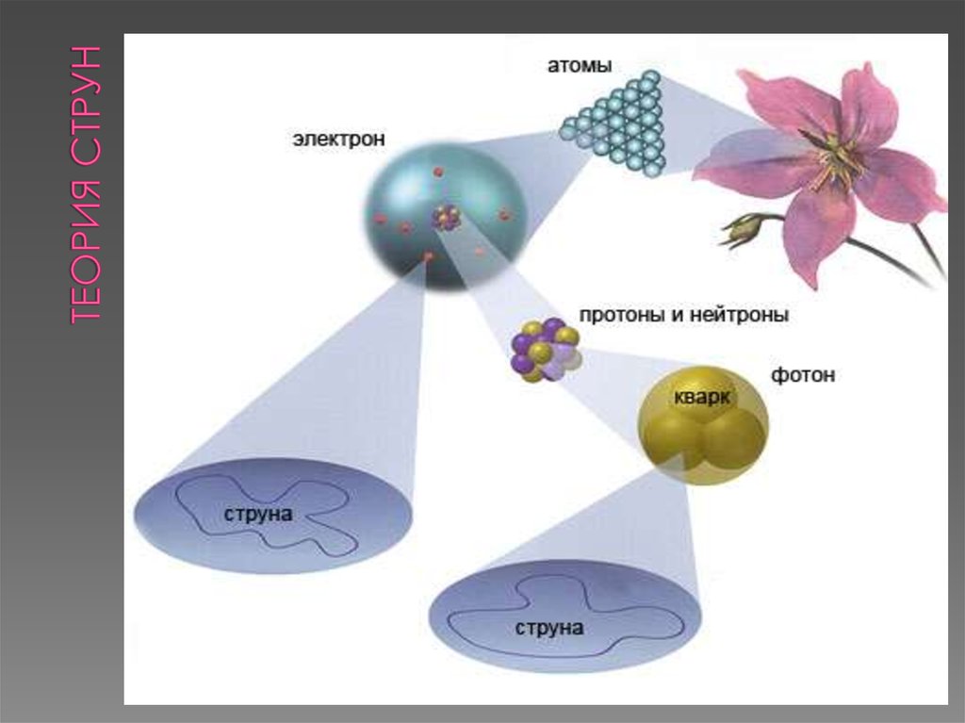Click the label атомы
tap(580, 65)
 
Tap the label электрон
tap(339, 139)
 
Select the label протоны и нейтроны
tap(684, 315)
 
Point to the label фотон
tap(803, 374)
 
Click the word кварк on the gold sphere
tap(701, 397)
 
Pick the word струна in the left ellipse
tap(258, 514)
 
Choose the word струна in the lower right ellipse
tap(549, 628)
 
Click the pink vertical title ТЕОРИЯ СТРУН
tap(85, 184)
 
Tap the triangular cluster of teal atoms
tap(617, 123)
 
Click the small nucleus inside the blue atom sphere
tap(446, 217)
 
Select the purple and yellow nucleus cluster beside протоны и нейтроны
tap(546, 350)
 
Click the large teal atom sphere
tap(445, 216)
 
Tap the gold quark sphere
tap(703, 425)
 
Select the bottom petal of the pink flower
tap(819, 234)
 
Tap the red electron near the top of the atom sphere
tap(438, 172)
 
